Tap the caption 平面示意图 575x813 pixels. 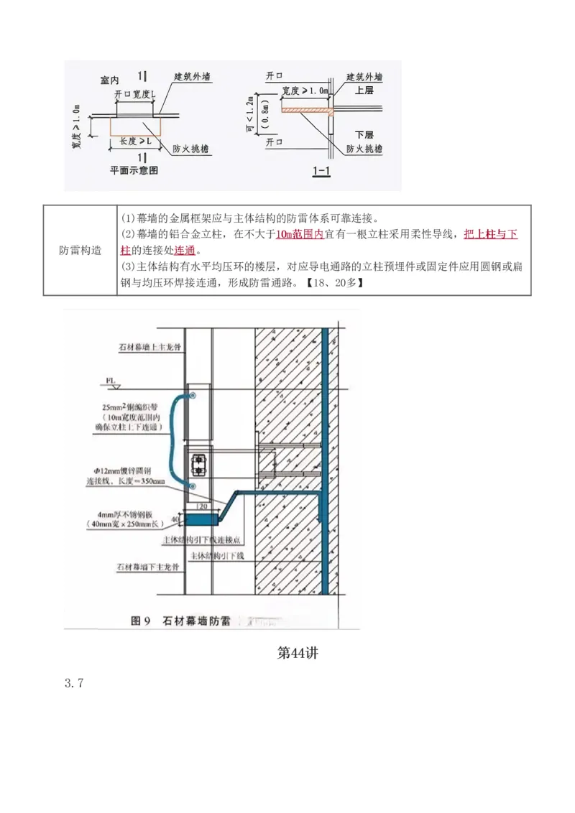click(x=134, y=171)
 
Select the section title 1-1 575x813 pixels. click(x=321, y=171)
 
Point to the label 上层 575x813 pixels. click(x=364, y=90)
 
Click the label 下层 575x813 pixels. click(x=364, y=135)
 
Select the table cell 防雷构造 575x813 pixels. click(x=80, y=249)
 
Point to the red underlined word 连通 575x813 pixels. click(x=185, y=250)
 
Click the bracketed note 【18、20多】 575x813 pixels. click(x=335, y=282)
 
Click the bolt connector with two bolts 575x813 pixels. click(x=199, y=463)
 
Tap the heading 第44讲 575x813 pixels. click(x=298, y=653)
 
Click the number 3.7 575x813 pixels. click(x=75, y=684)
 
